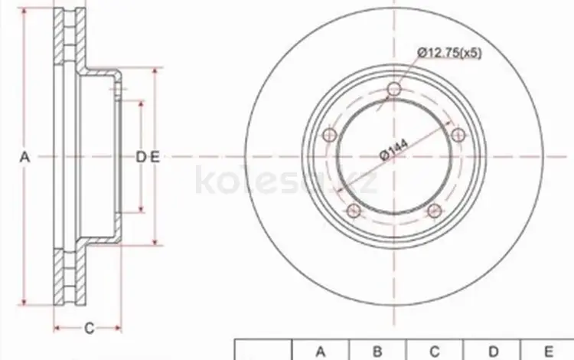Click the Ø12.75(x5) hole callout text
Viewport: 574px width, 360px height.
pyautogui.click(x=449, y=53)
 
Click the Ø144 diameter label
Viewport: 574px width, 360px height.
pyautogui.click(x=394, y=150)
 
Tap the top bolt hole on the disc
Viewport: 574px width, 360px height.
pyautogui.click(x=394, y=89)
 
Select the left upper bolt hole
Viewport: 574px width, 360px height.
pyautogui.click(x=330, y=135)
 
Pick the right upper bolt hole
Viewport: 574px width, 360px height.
pyautogui.click(x=458, y=135)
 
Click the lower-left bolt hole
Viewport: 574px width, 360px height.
pyautogui.click(x=354, y=211)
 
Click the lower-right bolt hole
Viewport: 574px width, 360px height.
pyautogui.click(x=434, y=211)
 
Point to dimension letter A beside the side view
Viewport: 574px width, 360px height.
pyautogui.click(x=24, y=158)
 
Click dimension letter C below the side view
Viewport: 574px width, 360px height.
pyautogui.click(x=90, y=329)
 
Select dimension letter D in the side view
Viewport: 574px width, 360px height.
pyautogui.click(x=141, y=158)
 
